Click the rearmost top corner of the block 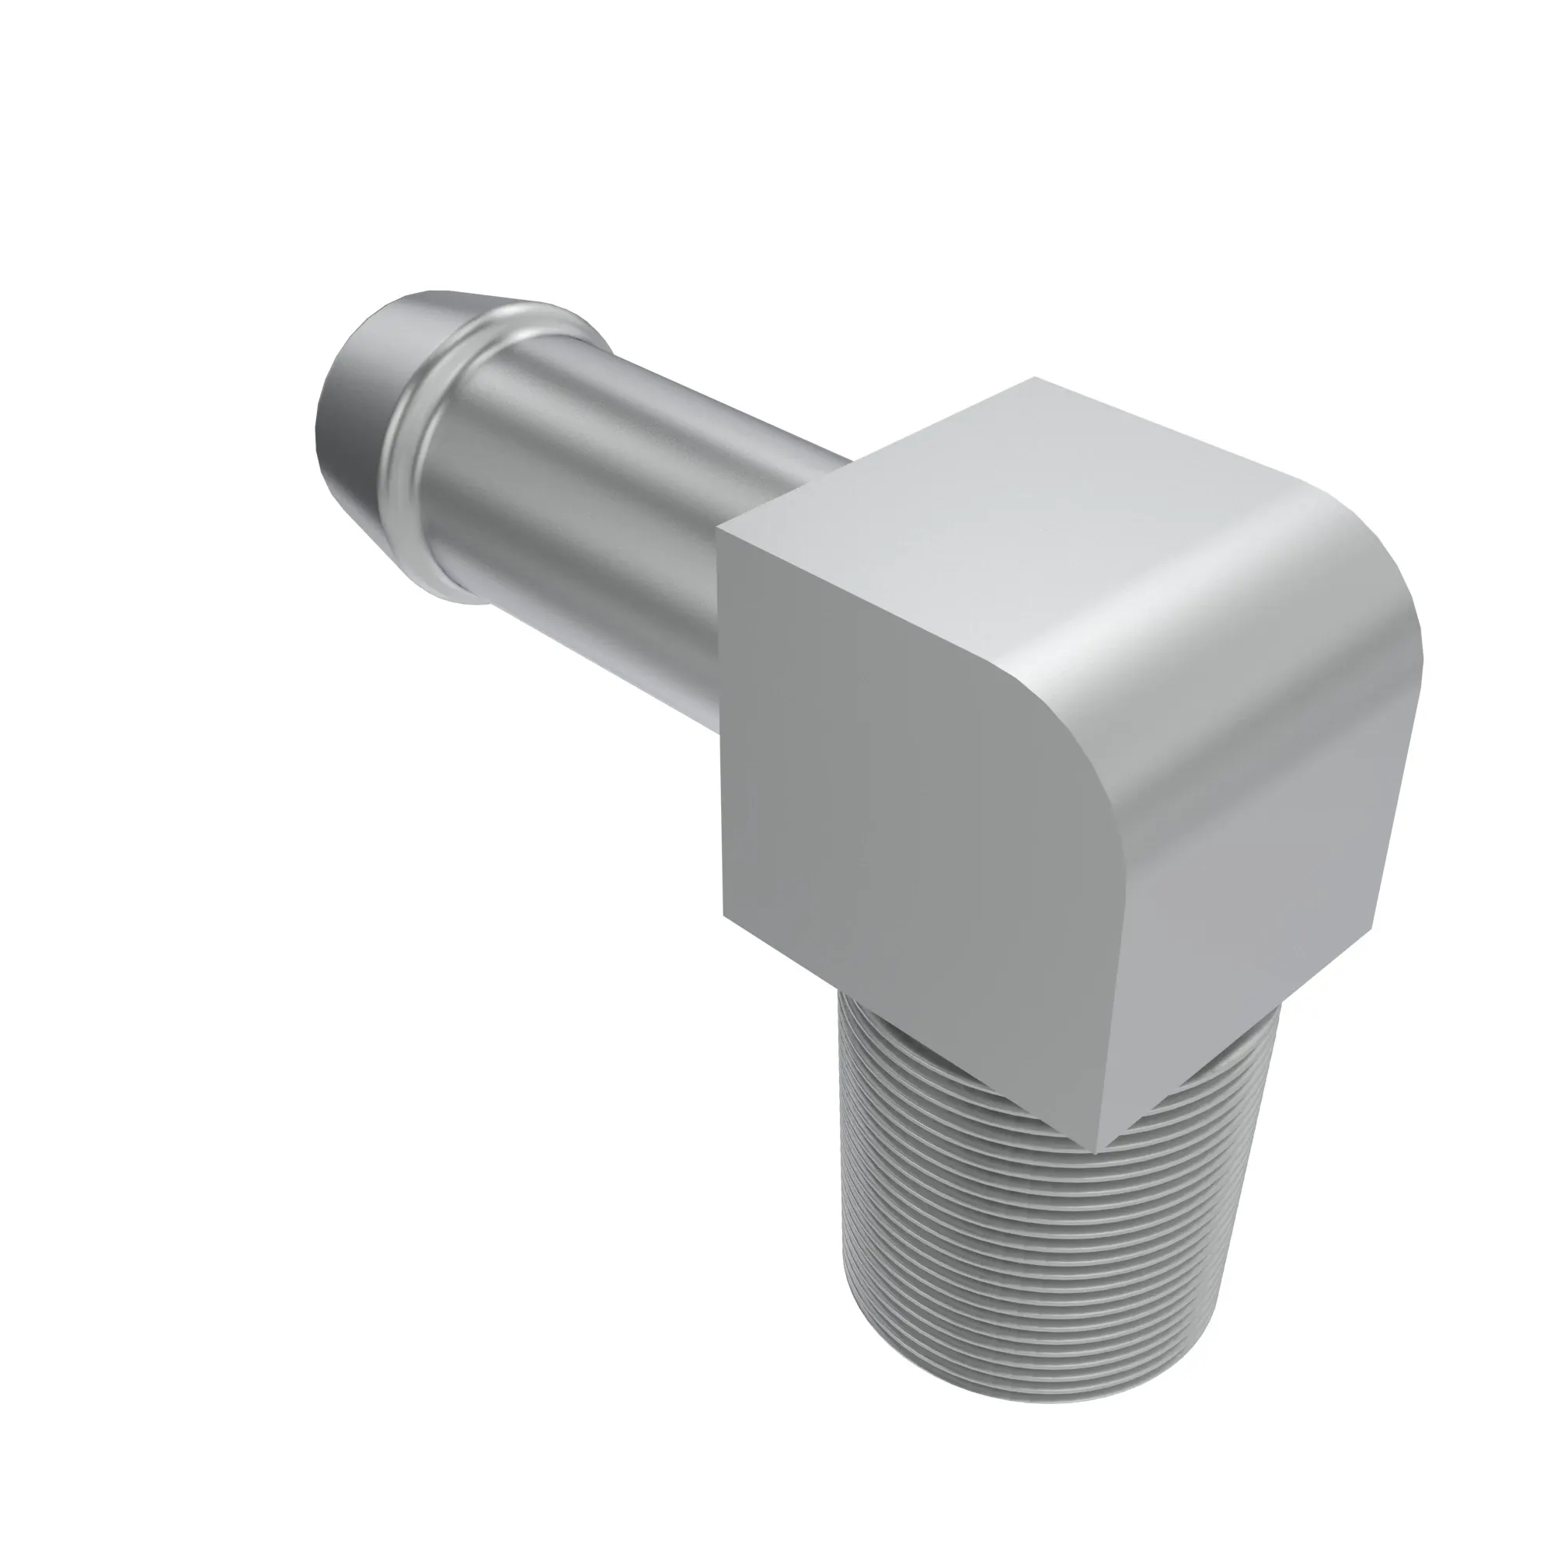1035,378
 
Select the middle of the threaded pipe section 1046,1247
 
